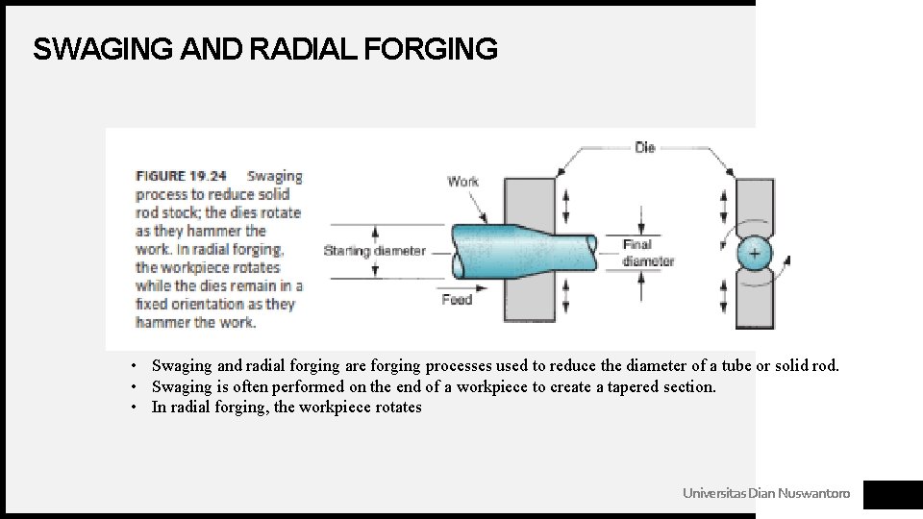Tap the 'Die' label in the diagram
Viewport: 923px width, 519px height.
[x=644, y=147]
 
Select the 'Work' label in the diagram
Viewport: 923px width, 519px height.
[x=462, y=182]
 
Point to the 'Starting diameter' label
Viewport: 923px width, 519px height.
[x=374, y=251]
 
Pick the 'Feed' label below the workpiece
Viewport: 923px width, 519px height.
[x=457, y=299]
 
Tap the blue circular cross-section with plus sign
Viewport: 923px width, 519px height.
[x=754, y=253]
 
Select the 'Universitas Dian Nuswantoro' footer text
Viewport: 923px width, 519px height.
[x=765, y=493]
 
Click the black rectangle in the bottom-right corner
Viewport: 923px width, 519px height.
[x=892, y=494]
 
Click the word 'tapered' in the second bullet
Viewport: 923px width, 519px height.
[x=615, y=386]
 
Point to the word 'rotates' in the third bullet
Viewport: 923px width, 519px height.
[x=396, y=408]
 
